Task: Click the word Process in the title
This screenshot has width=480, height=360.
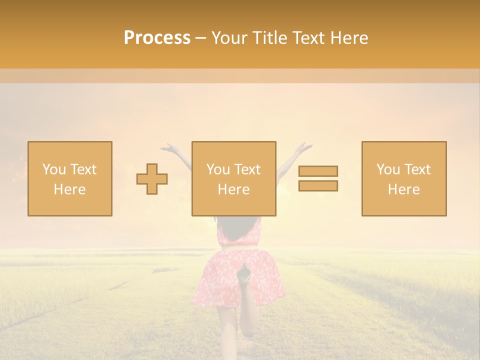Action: pyautogui.click(x=157, y=38)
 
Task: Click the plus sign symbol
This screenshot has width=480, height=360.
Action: pyautogui.click(x=152, y=179)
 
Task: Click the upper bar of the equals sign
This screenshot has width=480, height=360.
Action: pyautogui.click(x=318, y=171)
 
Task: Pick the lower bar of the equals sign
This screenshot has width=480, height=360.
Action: pyautogui.click(x=318, y=185)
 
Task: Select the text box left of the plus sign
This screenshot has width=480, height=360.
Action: pyautogui.click(x=69, y=178)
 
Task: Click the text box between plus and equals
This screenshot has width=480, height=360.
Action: pyautogui.click(x=233, y=178)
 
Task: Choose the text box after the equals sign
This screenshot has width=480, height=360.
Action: pyautogui.click(x=403, y=178)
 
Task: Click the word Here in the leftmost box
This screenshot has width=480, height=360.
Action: pyautogui.click(x=69, y=189)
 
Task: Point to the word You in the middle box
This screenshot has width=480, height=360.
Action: pyautogui.click(x=218, y=169)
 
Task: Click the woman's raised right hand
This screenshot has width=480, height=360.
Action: pyautogui.click(x=303, y=147)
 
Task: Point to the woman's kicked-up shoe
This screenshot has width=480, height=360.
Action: pyautogui.click(x=243, y=275)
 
